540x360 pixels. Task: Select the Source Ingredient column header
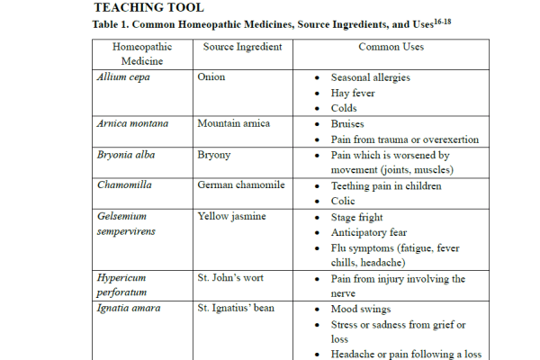click(242, 47)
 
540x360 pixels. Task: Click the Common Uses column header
click(391, 47)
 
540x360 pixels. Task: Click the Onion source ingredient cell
click(211, 77)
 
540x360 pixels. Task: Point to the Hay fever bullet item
click(353, 94)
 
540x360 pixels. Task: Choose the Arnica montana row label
click(133, 124)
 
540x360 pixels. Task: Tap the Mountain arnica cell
click(233, 124)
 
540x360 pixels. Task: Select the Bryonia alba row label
click(126, 156)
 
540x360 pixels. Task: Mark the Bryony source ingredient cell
click(214, 156)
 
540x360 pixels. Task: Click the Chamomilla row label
click(126, 185)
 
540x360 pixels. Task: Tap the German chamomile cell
click(241, 185)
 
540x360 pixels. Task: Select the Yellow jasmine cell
click(231, 217)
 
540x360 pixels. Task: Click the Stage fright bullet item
click(356, 218)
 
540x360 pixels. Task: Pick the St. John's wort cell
click(231, 279)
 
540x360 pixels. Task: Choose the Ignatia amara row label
click(129, 309)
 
